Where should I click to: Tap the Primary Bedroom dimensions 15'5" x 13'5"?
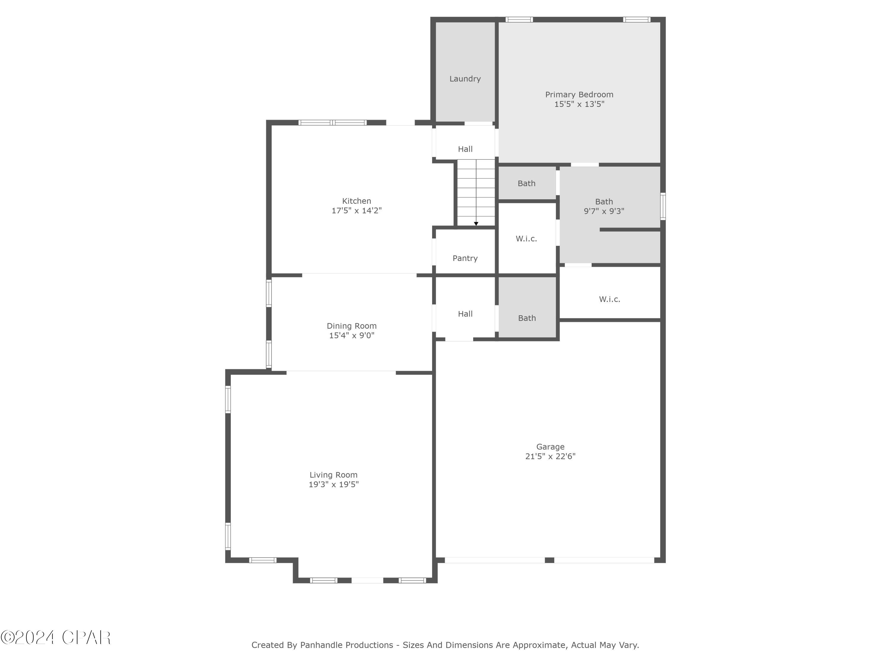click(579, 104)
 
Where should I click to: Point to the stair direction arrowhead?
click(476, 224)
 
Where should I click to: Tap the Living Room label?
click(333, 475)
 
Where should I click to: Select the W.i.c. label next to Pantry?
click(526, 239)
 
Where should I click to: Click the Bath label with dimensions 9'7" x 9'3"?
click(604, 202)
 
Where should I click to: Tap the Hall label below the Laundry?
click(465, 149)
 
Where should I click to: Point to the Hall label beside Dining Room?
click(465, 314)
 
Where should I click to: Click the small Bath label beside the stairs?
click(526, 183)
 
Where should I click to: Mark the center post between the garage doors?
click(549, 560)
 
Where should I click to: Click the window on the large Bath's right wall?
click(663, 206)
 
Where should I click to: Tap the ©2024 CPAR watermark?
click(56, 638)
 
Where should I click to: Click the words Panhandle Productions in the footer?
click(346, 645)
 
